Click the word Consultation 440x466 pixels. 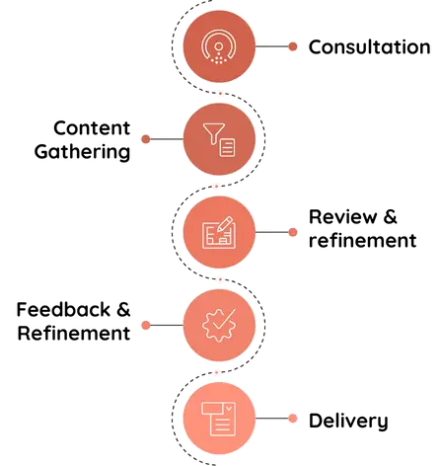coord(369,47)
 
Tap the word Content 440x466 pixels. coord(92,128)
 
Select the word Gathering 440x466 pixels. coord(82,152)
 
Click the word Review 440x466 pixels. coord(342,217)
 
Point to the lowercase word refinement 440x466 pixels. coord(363,240)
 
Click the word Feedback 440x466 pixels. coord(63,310)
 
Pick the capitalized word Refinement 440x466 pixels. coord(74,333)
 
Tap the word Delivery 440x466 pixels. coord(348,421)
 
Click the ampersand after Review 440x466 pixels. coord(391,217)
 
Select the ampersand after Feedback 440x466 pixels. coord(123,310)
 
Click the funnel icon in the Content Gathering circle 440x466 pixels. coord(214,133)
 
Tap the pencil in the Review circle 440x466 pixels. coord(224,224)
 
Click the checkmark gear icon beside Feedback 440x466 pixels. coord(219,325)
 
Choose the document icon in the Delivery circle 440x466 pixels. coord(219,419)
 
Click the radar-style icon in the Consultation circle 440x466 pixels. coord(219,46)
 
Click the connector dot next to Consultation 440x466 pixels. coord(293,46)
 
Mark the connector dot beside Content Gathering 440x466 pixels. coord(146,139)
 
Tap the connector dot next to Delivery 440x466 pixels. coord(293,419)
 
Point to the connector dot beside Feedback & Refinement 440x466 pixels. coord(146,325)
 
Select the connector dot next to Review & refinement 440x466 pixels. coord(293,232)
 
